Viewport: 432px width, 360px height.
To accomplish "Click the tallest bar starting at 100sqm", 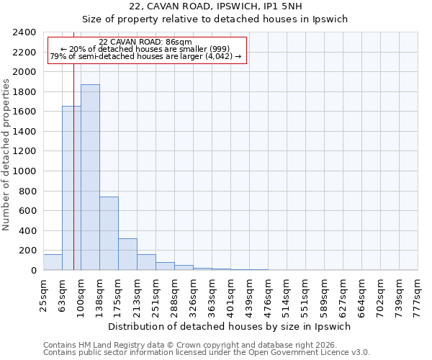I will point(90,177).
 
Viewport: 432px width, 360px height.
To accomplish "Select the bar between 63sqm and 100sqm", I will point(71,188).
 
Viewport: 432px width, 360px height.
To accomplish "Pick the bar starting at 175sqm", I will point(127,254).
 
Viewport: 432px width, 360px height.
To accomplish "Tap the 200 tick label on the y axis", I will point(28,251).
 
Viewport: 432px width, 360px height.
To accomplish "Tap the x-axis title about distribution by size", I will point(230,326).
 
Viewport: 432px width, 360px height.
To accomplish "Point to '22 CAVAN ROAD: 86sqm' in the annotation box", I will point(146,42).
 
